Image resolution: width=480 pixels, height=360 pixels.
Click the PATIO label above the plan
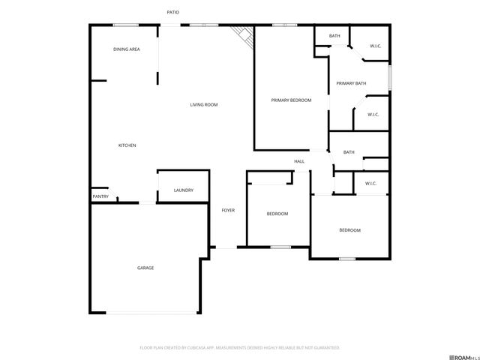172,13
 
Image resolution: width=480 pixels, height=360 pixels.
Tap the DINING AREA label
127,49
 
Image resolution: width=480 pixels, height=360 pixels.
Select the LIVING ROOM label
203,104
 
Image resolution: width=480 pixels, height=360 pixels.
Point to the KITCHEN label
127,145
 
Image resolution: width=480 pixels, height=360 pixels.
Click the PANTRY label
100,196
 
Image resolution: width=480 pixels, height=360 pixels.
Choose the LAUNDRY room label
184,190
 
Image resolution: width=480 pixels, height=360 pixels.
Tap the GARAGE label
145,268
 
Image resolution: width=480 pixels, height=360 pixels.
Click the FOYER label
228,210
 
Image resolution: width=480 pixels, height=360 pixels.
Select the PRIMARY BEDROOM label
291,100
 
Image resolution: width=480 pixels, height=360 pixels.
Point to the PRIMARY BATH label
350,83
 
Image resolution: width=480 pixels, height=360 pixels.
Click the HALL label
298,161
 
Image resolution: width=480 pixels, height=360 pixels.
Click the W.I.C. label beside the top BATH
375,46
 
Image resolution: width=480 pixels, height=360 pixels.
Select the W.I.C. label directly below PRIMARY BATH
372,115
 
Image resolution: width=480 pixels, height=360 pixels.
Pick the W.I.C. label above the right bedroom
370,184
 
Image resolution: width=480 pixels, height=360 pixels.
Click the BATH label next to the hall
349,153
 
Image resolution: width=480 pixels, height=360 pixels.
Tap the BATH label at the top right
334,36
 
